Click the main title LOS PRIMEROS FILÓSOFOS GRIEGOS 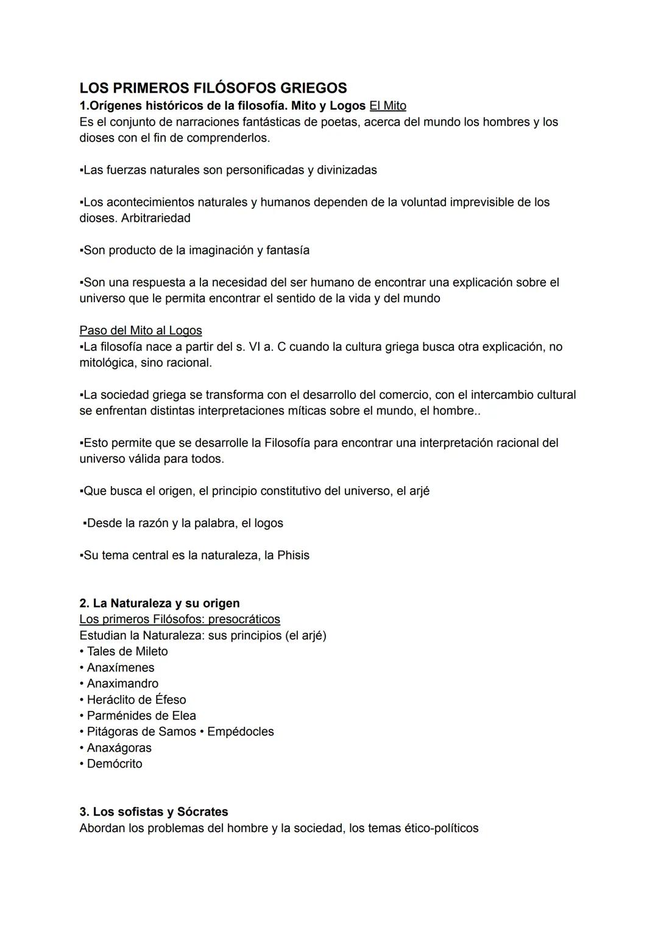point(213,88)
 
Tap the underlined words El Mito point(387,105)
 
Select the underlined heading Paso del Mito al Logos point(140,330)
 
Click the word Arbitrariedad point(155,217)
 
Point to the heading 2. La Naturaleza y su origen point(160,603)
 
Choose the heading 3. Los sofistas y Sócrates point(154,811)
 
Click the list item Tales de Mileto point(127,651)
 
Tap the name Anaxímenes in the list point(120,667)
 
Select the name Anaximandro point(122,684)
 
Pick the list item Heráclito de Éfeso point(136,699)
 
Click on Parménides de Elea point(141,715)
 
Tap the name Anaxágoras point(119,747)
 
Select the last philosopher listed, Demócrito point(114,763)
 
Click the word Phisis point(293,555)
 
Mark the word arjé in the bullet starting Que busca point(419,490)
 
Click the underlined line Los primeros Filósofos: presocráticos point(180,619)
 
